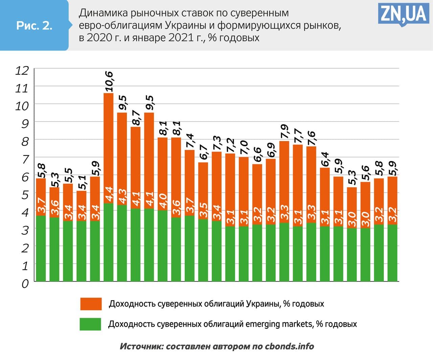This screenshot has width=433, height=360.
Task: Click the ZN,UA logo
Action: click(x=403, y=14)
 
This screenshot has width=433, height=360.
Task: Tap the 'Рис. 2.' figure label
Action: click(x=34, y=25)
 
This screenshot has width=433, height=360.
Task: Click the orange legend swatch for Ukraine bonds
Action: click(x=91, y=304)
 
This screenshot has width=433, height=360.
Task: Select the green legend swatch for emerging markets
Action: click(x=90, y=324)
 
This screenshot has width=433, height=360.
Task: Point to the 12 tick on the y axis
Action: click(x=22, y=70)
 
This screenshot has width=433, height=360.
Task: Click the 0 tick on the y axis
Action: click(x=25, y=283)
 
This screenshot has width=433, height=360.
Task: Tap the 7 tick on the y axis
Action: click(x=25, y=159)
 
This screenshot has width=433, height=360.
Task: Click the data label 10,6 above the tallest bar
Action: click(x=109, y=81)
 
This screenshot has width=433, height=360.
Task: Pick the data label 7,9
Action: click(x=284, y=131)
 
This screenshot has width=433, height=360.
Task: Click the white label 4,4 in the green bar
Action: click(x=109, y=194)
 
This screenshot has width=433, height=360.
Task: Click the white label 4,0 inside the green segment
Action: click(x=163, y=201)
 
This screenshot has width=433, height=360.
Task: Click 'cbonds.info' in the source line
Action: click(x=289, y=346)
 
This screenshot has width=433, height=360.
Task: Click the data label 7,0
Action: click(x=244, y=148)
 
